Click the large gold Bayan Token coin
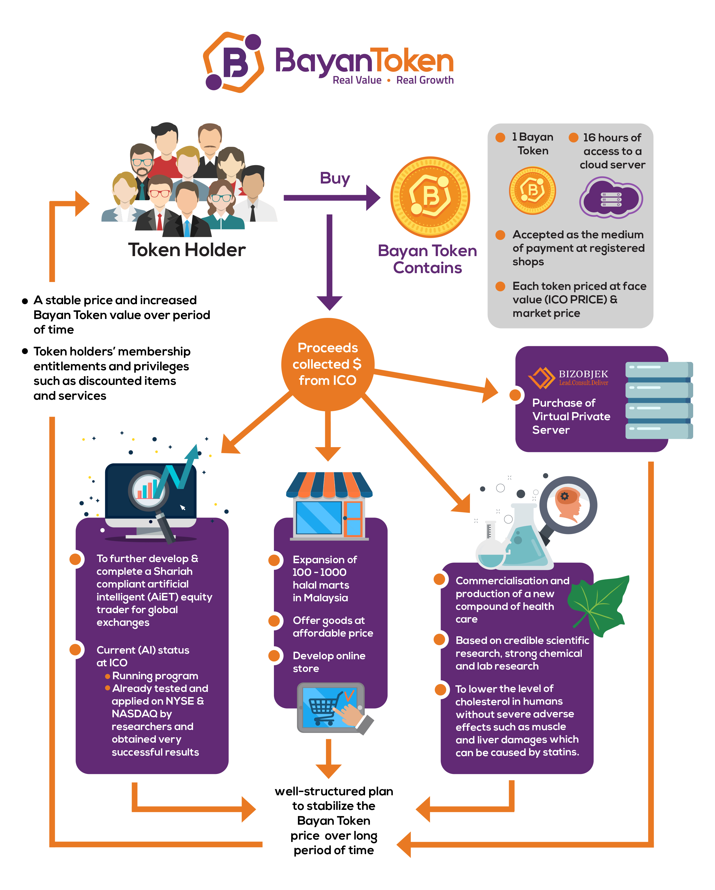(x=430, y=197)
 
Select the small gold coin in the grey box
(x=532, y=190)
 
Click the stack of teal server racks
(x=658, y=400)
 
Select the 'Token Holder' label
(x=187, y=250)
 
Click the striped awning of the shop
(x=329, y=485)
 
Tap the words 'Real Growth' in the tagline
(x=424, y=80)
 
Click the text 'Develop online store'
(x=329, y=662)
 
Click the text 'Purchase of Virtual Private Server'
(x=571, y=416)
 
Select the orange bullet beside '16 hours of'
(x=573, y=137)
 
